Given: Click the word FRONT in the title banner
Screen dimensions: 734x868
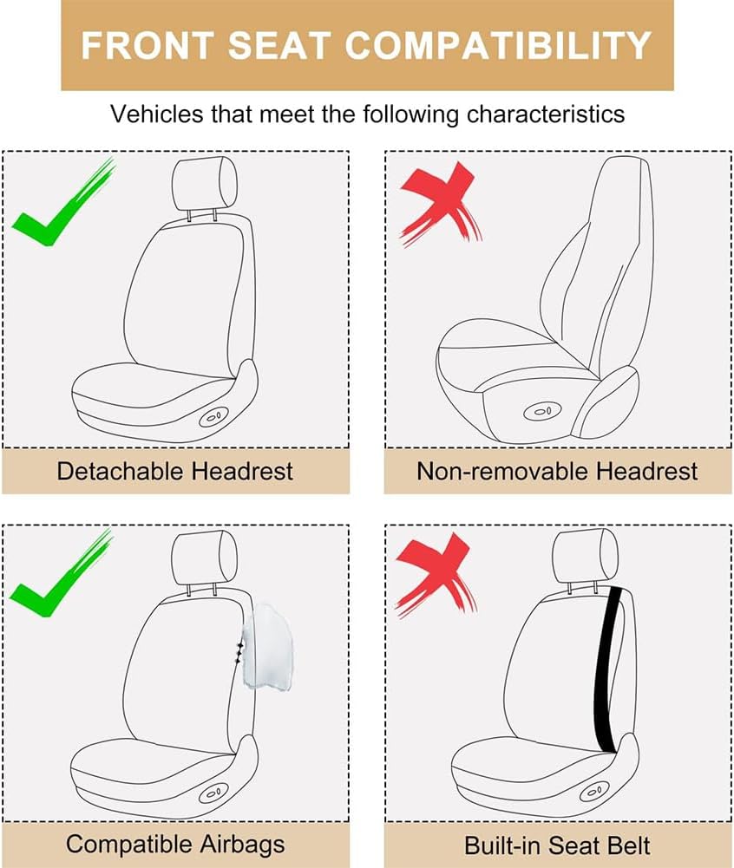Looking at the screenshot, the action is coord(147,45).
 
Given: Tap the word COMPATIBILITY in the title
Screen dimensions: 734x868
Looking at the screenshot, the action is coord(498,45).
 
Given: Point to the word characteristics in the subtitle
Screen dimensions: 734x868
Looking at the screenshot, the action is coord(546,114).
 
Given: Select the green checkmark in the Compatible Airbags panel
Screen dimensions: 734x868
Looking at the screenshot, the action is coord(60,574).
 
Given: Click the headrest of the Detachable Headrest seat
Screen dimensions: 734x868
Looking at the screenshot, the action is coord(205,184).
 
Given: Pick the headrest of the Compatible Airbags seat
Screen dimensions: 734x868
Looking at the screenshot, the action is coord(205,558).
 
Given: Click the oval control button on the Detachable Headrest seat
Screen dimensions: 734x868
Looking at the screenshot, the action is coord(213,416).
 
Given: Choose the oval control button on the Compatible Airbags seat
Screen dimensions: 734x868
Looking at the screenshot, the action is coord(213,793).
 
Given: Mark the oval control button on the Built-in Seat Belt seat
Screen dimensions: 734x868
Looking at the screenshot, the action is coord(594,792).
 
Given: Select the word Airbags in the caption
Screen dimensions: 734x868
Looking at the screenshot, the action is coord(243,845).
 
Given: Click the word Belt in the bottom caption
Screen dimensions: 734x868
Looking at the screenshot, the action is coord(627,845).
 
